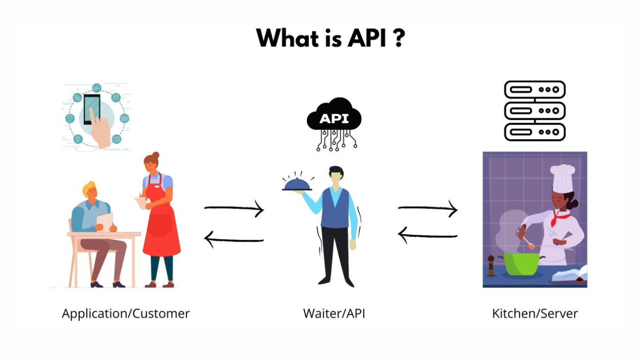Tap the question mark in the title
pyautogui.click(x=399, y=38)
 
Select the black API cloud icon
pyautogui.click(x=334, y=118)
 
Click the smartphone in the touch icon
pyautogui.click(x=91, y=109)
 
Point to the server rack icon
pyautogui.click(x=535, y=111)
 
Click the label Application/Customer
pyautogui.click(x=126, y=314)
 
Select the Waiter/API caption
pyautogui.click(x=334, y=314)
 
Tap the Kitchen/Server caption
pyautogui.click(x=535, y=314)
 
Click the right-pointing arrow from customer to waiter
pyautogui.click(x=234, y=209)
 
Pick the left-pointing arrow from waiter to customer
pyautogui.click(x=234, y=239)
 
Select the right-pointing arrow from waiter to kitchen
pyautogui.click(x=428, y=209)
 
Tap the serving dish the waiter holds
pyautogui.click(x=297, y=184)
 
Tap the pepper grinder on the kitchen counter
pyautogui.click(x=491, y=265)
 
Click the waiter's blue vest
pyautogui.click(x=335, y=209)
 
